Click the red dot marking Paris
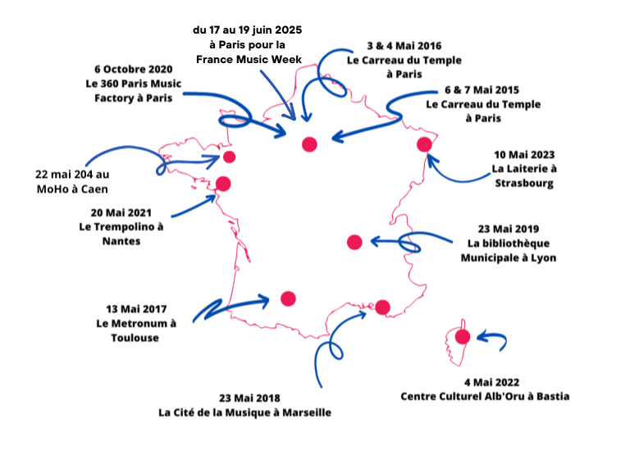309,144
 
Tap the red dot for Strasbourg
424,144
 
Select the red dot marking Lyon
354,242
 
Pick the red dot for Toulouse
288,298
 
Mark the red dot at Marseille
382,307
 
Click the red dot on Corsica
463,337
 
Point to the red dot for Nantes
223,184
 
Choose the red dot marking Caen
230,157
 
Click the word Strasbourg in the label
524,184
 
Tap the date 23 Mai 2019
509,229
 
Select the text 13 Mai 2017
136,309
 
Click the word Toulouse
135,338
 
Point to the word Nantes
121,241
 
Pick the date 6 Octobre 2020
134,69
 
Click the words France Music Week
249,59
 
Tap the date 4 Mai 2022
492,382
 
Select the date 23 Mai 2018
249,398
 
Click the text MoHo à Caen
72,189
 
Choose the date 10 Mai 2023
524,155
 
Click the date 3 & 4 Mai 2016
404,46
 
